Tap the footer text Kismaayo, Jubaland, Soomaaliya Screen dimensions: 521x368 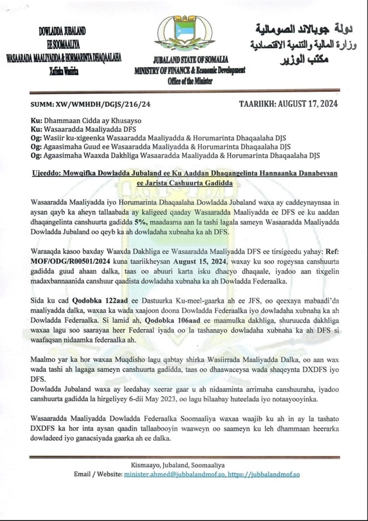click(x=183, y=465)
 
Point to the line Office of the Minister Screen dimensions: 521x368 click(x=183, y=80)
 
